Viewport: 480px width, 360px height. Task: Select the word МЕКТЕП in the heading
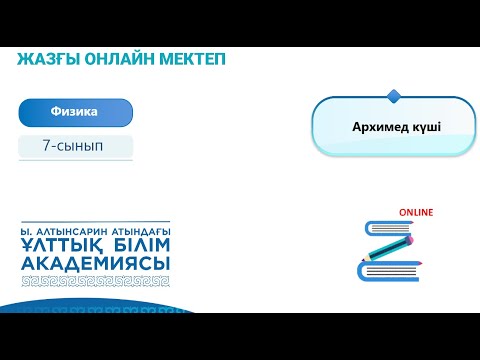pyautogui.click(x=191, y=59)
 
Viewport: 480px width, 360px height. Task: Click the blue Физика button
pyautogui.click(x=75, y=112)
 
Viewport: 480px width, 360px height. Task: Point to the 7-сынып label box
pyautogui.click(x=75, y=146)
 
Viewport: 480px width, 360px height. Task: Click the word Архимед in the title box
pyautogui.click(x=376, y=128)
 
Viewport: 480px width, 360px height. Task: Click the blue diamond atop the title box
pyautogui.click(x=393, y=97)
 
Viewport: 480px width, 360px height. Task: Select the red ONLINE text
pyautogui.click(x=416, y=213)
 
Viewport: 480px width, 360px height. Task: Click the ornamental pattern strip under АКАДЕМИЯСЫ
pyautogui.click(x=95, y=281)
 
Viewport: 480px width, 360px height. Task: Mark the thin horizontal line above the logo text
pyautogui.click(x=95, y=222)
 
